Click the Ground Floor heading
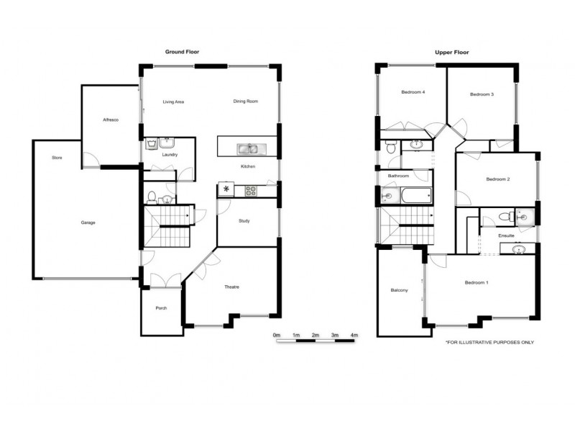pyautogui.click(x=182, y=53)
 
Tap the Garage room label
pyautogui.click(x=88, y=222)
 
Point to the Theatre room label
pyautogui.click(x=231, y=287)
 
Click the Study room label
pyautogui.click(x=244, y=221)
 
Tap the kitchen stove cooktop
pyautogui.click(x=251, y=191)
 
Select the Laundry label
pyautogui.click(x=170, y=155)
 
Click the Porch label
pyautogui.click(x=161, y=308)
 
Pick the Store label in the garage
pyautogui.click(x=56, y=157)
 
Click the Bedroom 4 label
pyautogui.click(x=413, y=93)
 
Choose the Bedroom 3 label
pyautogui.click(x=482, y=94)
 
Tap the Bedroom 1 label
pyautogui.click(x=477, y=282)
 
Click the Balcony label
pyautogui.click(x=399, y=290)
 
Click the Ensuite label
pyautogui.click(x=506, y=235)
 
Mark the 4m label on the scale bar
pyautogui.click(x=354, y=336)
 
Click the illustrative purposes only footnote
pyautogui.click(x=490, y=343)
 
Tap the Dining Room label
pyautogui.click(x=245, y=102)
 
